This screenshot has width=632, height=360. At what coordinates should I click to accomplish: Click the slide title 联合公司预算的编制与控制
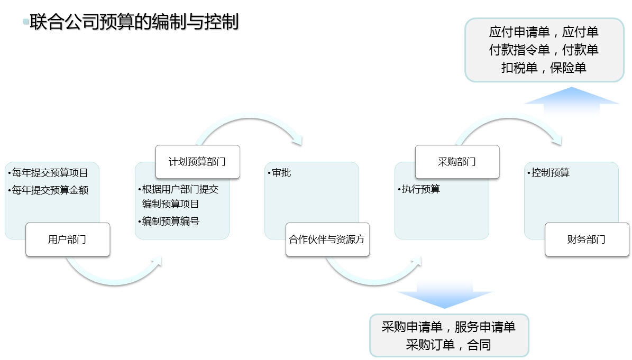coord(134,22)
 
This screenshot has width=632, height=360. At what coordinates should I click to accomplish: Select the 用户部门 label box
coord(68,239)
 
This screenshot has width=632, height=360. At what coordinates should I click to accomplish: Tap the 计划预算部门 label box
coord(197,162)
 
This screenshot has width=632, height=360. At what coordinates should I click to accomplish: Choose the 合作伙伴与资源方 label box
coord(327,239)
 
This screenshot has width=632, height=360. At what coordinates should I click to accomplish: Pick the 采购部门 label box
coord(457,162)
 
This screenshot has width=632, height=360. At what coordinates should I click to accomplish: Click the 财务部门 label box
coord(587,239)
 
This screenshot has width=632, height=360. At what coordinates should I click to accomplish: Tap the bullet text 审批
coord(281,173)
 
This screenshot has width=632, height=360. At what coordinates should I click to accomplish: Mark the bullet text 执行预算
coord(421,189)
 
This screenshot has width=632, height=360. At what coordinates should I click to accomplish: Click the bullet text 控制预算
coord(550,173)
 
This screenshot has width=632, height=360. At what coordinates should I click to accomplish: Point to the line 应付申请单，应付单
coord(544,32)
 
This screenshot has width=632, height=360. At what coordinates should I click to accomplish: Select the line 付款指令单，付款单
coord(544,50)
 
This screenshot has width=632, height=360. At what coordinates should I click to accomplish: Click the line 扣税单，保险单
coord(544,68)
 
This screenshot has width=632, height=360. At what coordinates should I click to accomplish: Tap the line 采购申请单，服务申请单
coord(448,327)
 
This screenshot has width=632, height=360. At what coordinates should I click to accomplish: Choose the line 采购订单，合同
coord(448,345)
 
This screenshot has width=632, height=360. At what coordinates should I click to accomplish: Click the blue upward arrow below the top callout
coord(572,100)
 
